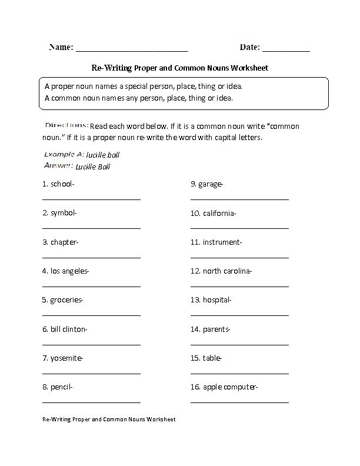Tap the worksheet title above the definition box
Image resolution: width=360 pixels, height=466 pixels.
tap(180, 68)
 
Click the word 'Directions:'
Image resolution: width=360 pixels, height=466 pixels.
tap(66, 125)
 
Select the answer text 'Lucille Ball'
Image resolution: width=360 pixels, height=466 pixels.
tap(93, 167)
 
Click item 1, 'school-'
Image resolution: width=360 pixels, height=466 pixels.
tap(58, 184)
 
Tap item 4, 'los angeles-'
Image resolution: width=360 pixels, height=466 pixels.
tap(65, 271)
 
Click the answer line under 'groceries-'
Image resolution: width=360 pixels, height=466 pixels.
tap(91, 315)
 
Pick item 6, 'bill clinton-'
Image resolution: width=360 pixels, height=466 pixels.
tap(65, 329)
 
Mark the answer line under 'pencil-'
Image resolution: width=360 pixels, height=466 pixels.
tap(91, 402)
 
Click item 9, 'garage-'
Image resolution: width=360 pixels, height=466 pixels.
tap(207, 184)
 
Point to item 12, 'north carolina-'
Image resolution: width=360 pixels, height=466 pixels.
tap(221, 271)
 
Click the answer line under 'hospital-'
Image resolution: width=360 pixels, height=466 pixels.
tap(239, 315)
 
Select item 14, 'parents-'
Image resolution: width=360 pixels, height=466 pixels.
tap(210, 329)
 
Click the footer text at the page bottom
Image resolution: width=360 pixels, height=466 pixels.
tap(109, 420)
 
